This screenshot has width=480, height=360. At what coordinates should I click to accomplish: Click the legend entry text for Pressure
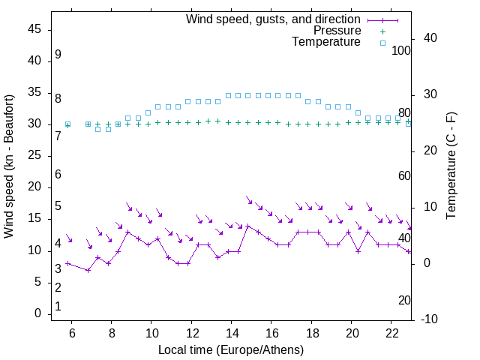coord(337,31)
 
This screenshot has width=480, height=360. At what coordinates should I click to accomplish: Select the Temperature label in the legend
coord(326,43)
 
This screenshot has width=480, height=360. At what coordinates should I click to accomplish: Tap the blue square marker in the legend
coord(382,43)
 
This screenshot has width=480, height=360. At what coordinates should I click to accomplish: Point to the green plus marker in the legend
coord(382,31)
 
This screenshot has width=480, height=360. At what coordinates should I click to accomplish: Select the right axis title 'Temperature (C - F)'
coord(451,165)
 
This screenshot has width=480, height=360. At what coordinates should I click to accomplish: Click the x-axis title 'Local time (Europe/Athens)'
coord(231,349)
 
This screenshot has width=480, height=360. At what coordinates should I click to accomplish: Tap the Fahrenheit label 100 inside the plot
coord(402,50)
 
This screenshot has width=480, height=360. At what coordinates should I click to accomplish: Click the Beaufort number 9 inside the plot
coord(58,55)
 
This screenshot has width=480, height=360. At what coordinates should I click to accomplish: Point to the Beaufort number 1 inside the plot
coord(58,306)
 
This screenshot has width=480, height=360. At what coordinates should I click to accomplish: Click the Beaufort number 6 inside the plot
coord(58,174)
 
